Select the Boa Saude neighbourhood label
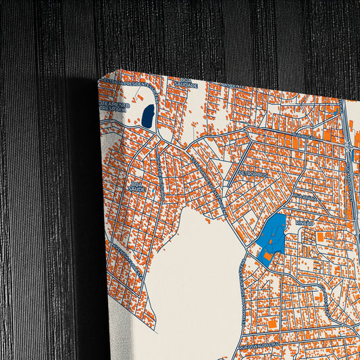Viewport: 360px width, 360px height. tap(138, 186)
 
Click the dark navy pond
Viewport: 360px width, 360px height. tap(147, 115)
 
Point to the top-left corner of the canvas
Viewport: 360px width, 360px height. tap(99, 80)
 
